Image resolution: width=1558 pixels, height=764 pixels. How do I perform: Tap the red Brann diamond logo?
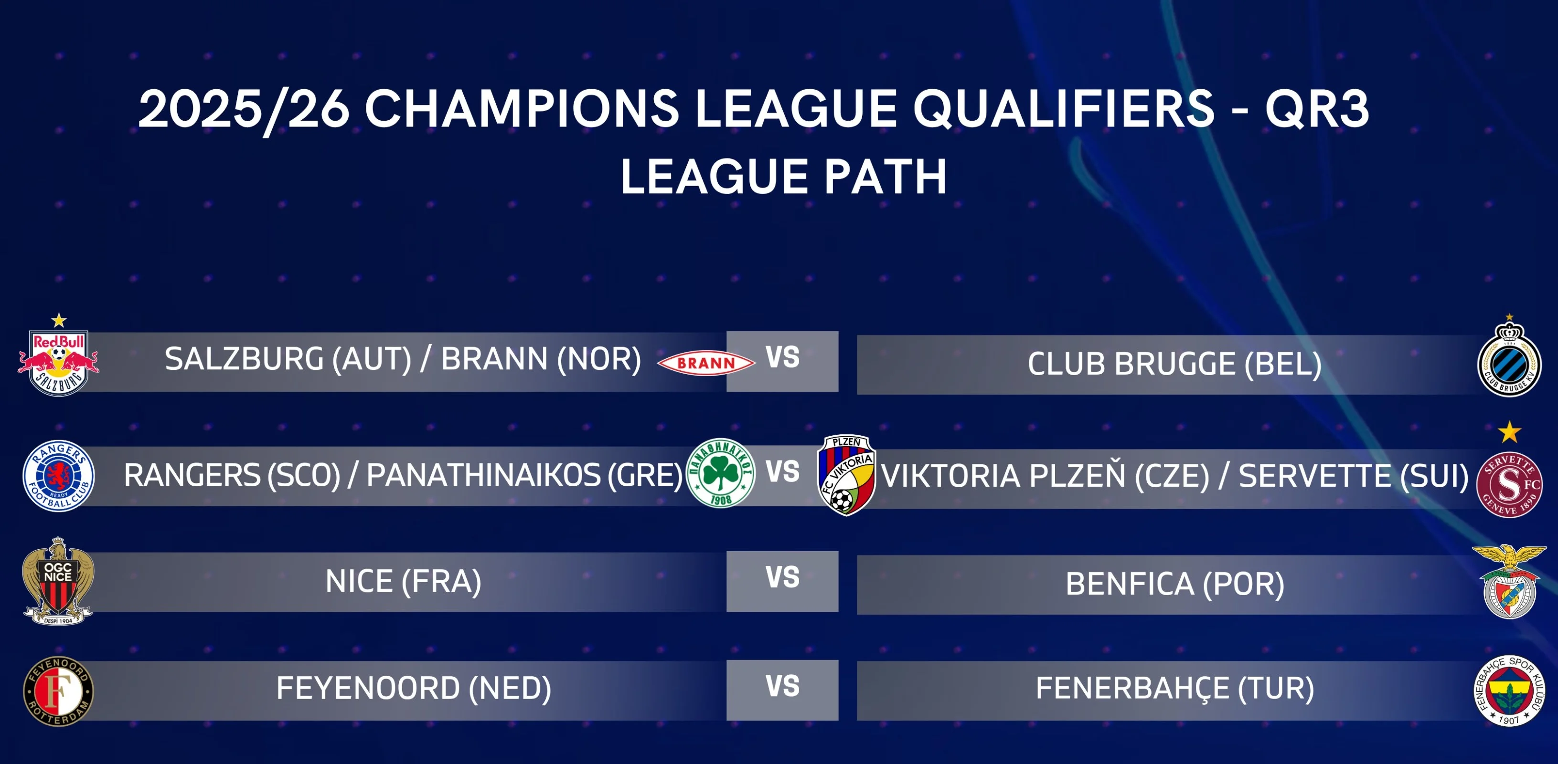pos(706,363)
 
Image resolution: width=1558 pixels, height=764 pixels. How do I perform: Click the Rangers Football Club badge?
pos(59,476)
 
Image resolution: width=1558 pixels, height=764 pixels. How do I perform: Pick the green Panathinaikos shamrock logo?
pos(721,472)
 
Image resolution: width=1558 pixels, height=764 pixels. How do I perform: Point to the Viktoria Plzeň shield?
pos(846,475)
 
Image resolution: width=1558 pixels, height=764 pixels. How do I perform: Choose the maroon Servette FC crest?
pos(1509,485)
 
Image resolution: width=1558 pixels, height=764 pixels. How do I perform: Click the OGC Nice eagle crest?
pos(58,581)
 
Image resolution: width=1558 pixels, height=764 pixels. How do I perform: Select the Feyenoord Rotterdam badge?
pos(59,691)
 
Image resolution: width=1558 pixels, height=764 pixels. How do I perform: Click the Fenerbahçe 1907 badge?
pos(1509,690)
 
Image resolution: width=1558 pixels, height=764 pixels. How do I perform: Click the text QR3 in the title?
pos(1317,109)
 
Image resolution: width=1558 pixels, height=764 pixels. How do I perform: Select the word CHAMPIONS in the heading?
pos(522,109)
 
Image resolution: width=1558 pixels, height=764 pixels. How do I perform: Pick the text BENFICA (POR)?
pos(1174,584)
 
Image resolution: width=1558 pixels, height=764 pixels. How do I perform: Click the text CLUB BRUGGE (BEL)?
pos(1174,364)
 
